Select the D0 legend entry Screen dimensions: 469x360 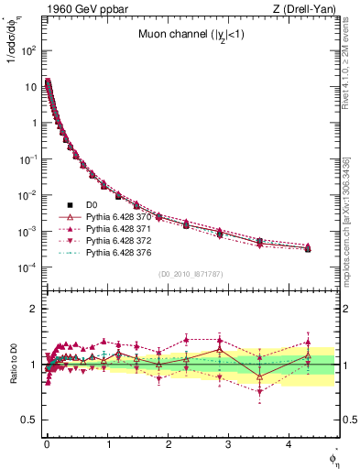(x=91, y=204)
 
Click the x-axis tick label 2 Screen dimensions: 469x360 (x=169, y=451)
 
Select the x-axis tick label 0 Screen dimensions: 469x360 (x=47, y=451)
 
